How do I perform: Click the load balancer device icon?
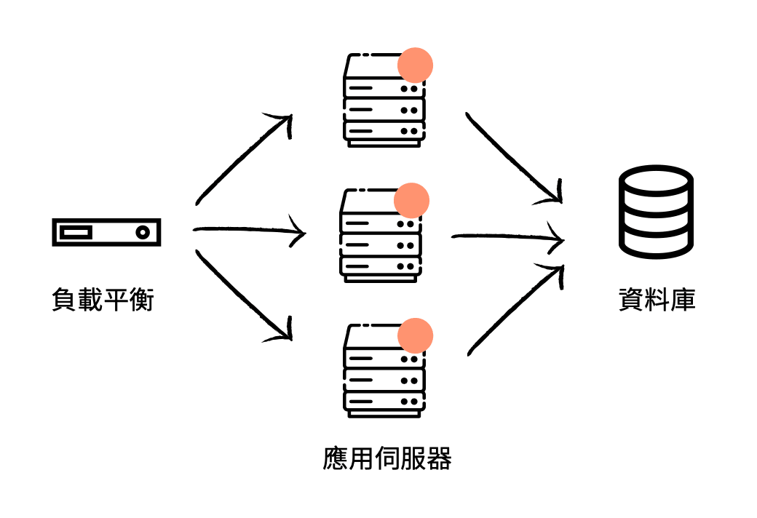[x=106, y=232]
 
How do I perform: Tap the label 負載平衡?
[x=103, y=300]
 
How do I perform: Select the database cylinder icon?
[x=655, y=210]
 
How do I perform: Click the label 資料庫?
[x=657, y=300]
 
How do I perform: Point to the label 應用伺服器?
[x=387, y=458]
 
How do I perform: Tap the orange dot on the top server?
[x=415, y=65]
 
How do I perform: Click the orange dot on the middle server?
[x=411, y=200]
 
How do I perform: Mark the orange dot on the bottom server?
[x=415, y=336]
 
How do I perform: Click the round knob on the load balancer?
[x=143, y=233]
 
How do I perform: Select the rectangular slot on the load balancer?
[x=76, y=233]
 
